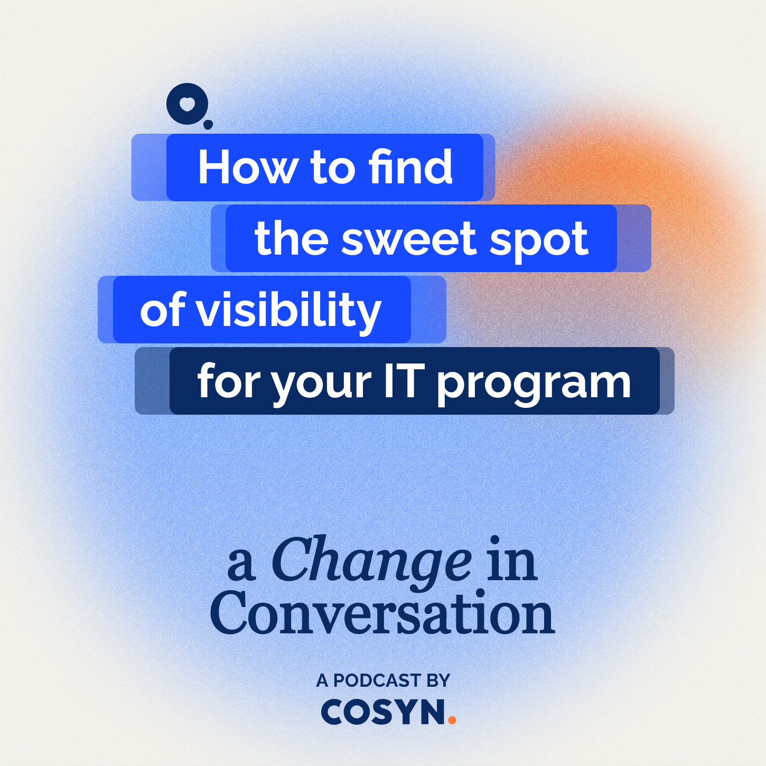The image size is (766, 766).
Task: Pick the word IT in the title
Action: click(x=404, y=381)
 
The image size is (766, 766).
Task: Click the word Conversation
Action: click(x=382, y=614)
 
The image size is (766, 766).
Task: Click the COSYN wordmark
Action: click(x=384, y=712)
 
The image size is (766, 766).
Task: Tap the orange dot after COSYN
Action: click(x=452, y=719)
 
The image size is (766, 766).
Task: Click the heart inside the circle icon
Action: click(x=186, y=102)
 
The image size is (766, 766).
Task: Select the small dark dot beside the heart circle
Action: click(x=208, y=125)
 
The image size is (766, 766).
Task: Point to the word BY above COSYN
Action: click(x=438, y=681)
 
